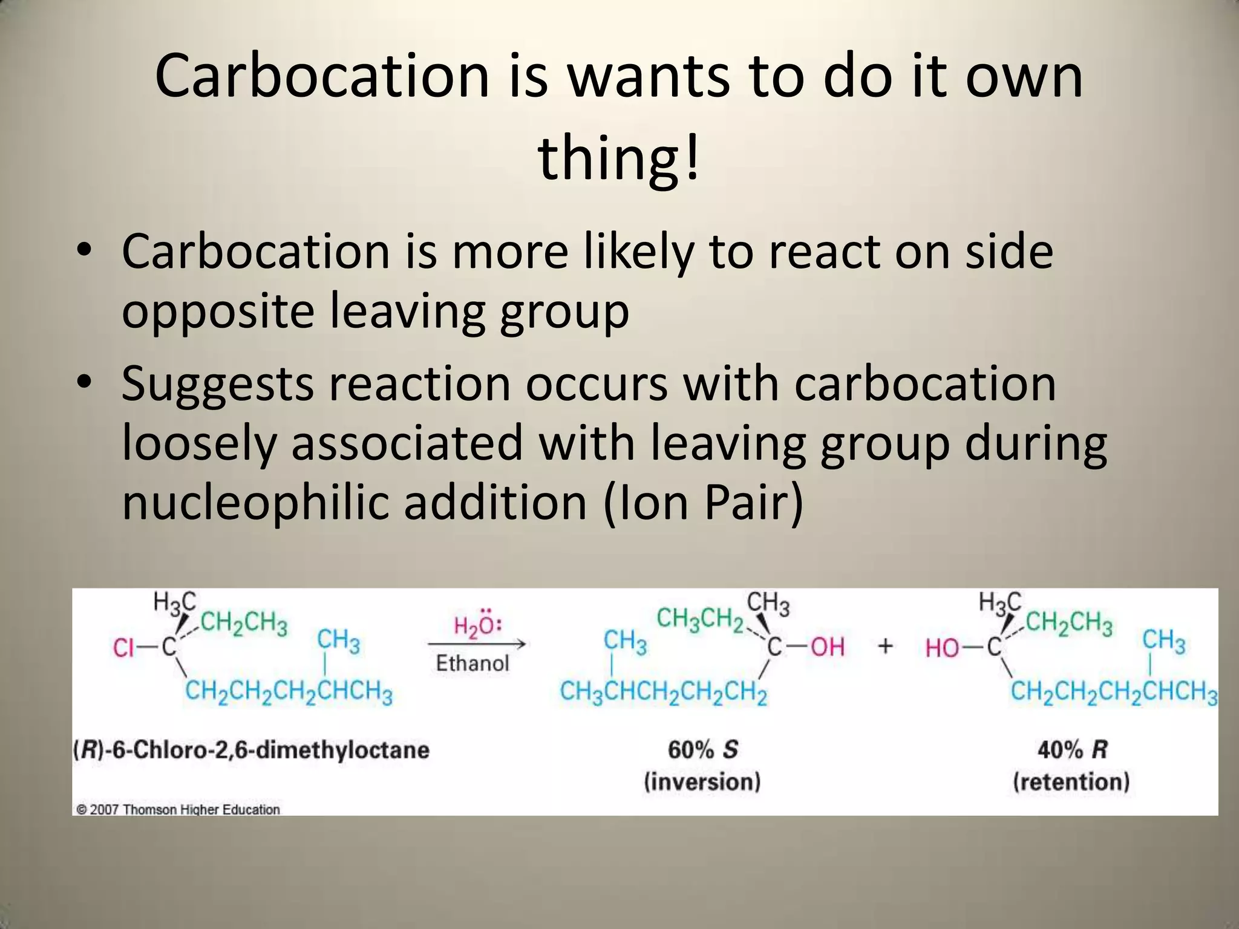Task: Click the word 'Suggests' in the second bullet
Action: pos(217,384)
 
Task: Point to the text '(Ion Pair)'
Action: pos(704,502)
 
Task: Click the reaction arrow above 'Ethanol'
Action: pos(476,644)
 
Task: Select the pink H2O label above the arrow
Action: pos(477,624)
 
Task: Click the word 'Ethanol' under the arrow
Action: pos(472,663)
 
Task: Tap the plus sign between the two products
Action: pos(885,647)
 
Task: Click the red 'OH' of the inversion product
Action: pos(827,647)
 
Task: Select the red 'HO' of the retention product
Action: pos(942,649)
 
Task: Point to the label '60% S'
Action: pos(702,750)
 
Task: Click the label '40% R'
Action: pos(1071,750)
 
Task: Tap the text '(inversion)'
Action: pos(702,781)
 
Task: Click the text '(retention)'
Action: pos(1071,781)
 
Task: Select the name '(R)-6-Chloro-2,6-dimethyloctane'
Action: pos(251,750)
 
